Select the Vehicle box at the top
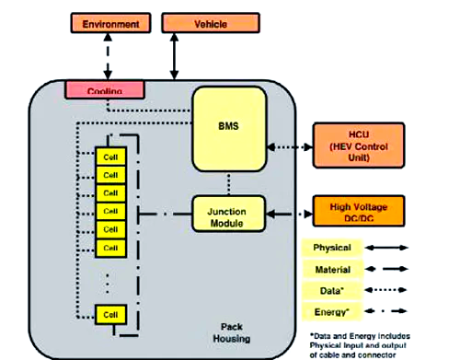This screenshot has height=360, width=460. click(199, 22)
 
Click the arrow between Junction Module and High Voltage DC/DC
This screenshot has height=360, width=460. click(290, 215)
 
